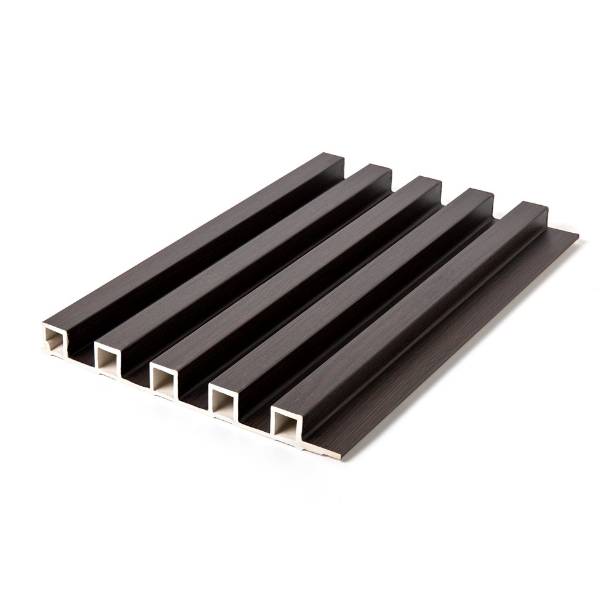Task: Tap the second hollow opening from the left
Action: point(109,357)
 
